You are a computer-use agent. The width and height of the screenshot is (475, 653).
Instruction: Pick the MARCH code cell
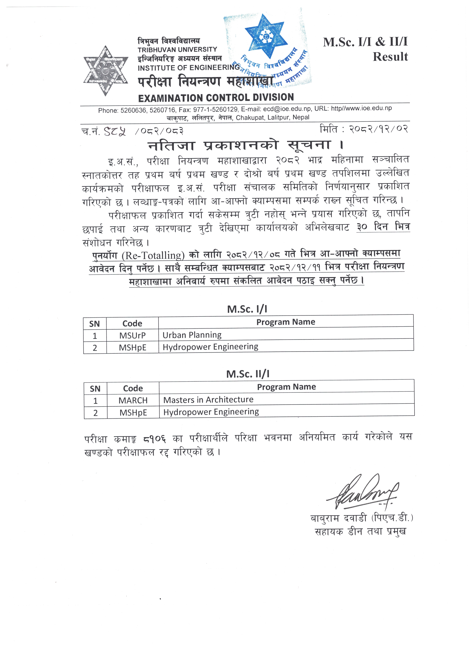pyautogui.click(x=133, y=400)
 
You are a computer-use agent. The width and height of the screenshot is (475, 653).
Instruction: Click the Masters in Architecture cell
pyautogui.click(x=208, y=400)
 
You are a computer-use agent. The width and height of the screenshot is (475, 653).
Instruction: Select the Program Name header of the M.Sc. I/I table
pyautogui.click(x=286, y=322)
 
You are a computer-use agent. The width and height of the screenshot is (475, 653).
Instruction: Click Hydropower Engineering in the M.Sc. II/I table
pyautogui.click(x=211, y=412)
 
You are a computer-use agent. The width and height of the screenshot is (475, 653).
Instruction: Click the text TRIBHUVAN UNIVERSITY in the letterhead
pyautogui.click(x=177, y=50)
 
